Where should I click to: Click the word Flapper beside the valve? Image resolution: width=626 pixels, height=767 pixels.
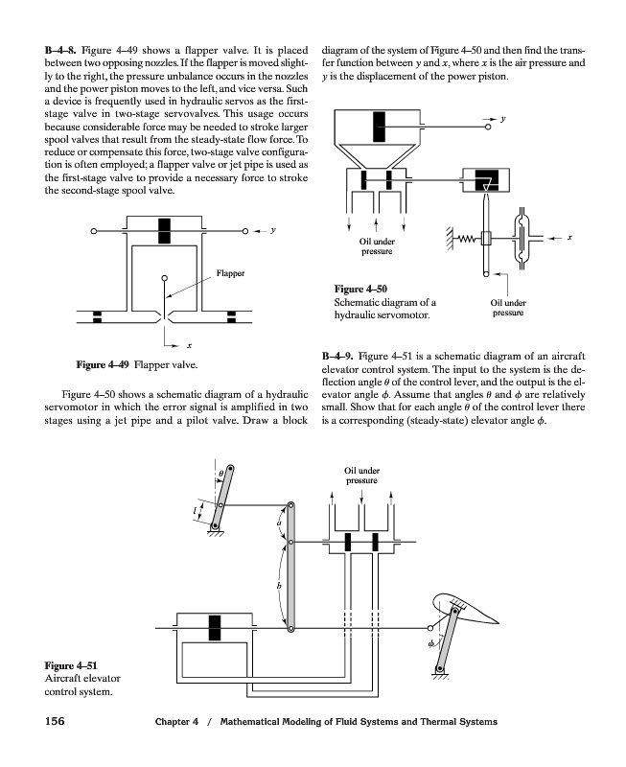click(231, 273)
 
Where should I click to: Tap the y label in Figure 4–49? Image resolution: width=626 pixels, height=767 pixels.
click(274, 230)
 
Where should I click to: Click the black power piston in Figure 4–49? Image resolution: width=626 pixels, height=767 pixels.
click(164, 230)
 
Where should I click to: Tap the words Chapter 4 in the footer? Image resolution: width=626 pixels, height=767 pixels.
click(177, 721)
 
